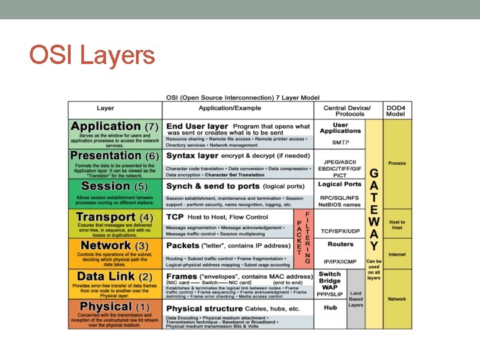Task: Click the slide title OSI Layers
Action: click(x=92, y=55)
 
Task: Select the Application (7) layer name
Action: click(x=114, y=126)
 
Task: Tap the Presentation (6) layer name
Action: click(x=114, y=155)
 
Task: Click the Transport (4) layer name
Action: click(x=114, y=217)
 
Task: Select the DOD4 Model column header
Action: click(x=397, y=111)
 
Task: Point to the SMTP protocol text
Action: click(x=340, y=142)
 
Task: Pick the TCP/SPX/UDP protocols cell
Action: click(x=340, y=231)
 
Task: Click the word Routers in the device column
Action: click(x=340, y=245)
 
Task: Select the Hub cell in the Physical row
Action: click(x=330, y=308)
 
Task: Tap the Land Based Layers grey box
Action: click(x=356, y=298)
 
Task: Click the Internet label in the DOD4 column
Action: click(x=397, y=255)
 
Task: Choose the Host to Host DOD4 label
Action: click(x=397, y=224)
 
